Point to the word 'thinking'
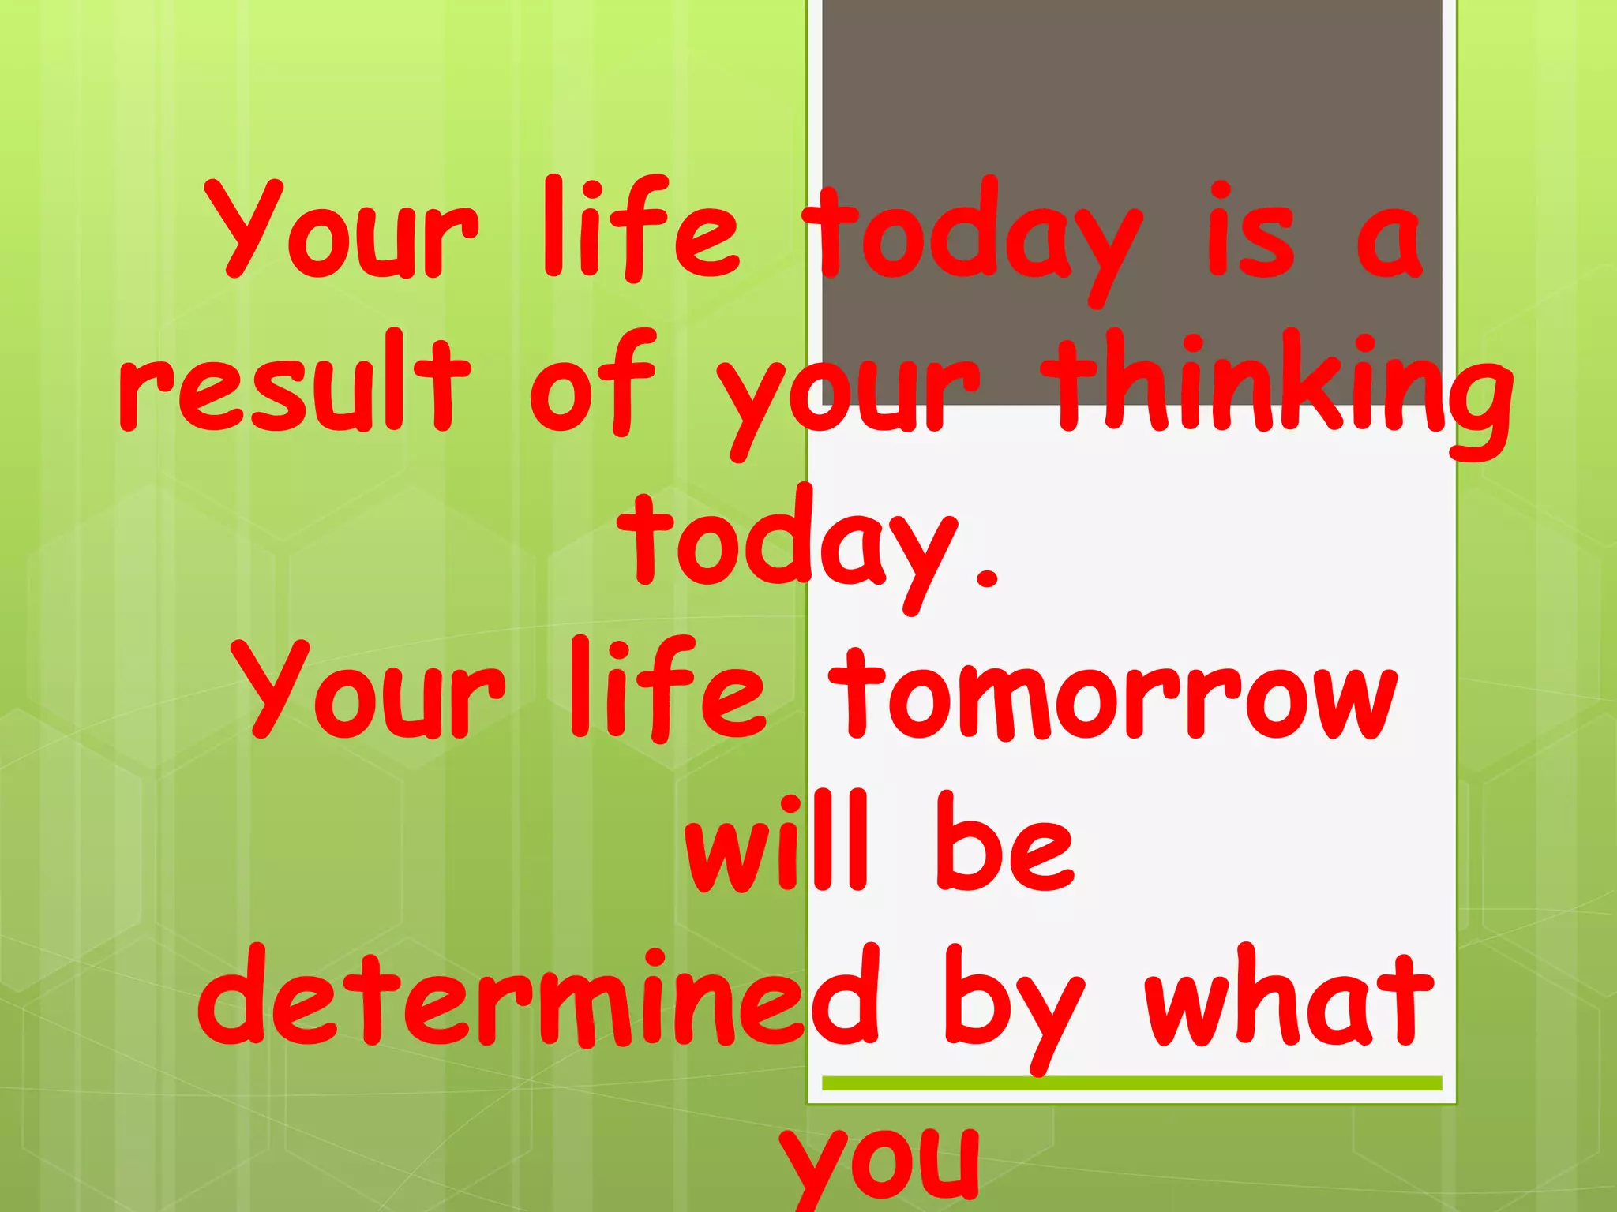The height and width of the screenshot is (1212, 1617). (1283, 391)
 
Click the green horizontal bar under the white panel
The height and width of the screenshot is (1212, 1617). (1131, 1083)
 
